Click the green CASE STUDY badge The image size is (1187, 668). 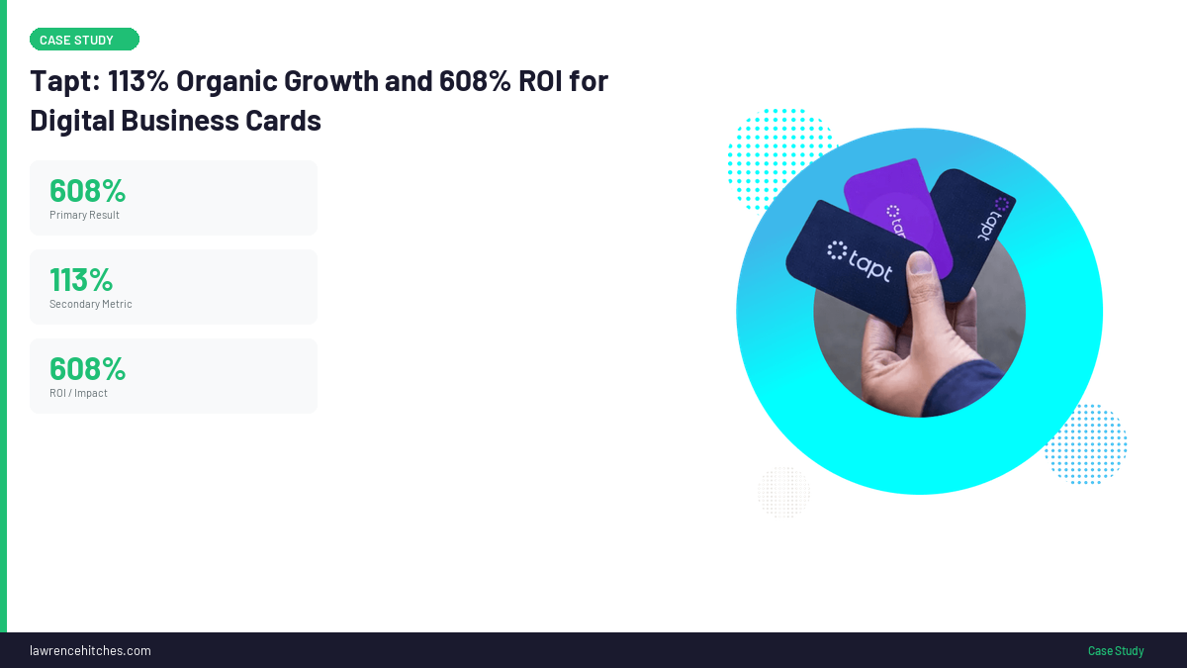point(84,40)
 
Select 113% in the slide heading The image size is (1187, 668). point(138,80)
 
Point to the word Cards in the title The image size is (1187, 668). point(283,121)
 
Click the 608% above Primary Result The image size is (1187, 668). point(87,190)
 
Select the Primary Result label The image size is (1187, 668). point(84,215)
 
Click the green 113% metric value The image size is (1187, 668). point(81,279)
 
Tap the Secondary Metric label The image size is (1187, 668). point(91,304)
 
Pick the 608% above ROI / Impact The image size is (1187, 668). point(87,368)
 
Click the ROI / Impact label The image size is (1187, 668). point(78,393)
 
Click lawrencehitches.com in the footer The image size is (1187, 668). point(90,650)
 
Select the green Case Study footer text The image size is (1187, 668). point(1116,650)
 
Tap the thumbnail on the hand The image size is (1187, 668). point(921,262)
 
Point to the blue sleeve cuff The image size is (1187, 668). point(961,387)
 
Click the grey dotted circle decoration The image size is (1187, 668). point(783,492)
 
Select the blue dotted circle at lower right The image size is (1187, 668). point(1085,443)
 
